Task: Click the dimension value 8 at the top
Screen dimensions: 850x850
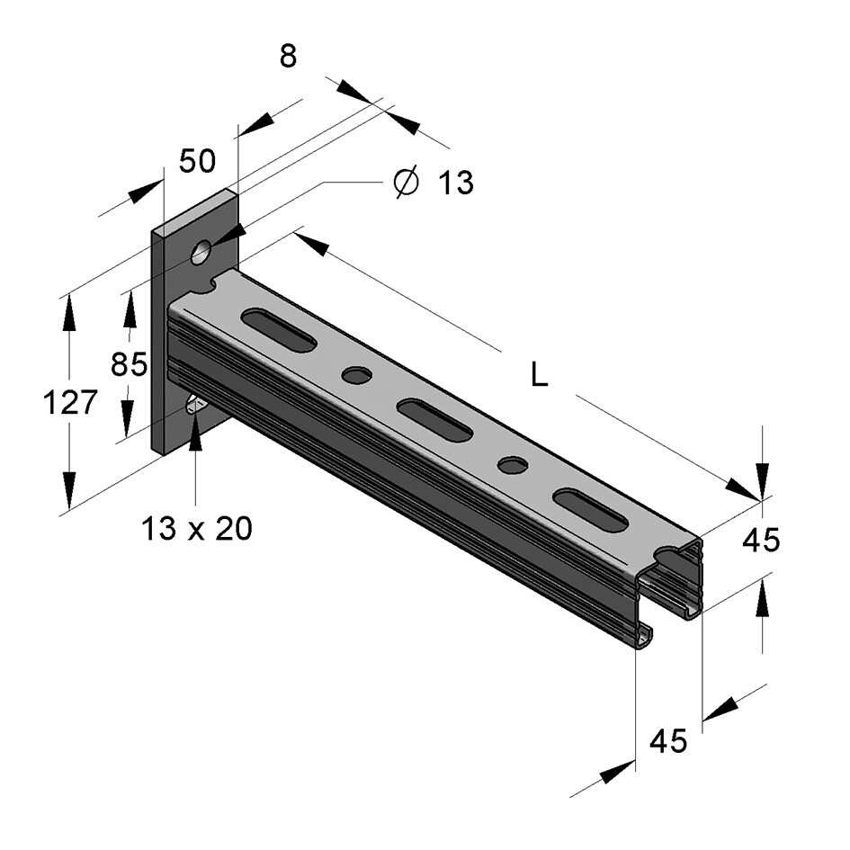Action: [287, 56]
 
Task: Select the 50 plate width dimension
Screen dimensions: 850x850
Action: [197, 161]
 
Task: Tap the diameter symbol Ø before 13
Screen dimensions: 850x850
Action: [406, 183]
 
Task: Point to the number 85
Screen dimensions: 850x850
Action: [129, 364]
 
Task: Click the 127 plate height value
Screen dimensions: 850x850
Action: [70, 403]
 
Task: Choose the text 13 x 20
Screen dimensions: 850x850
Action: [196, 529]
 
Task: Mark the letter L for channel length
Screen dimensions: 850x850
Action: [539, 374]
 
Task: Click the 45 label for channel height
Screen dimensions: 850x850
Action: [760, 541]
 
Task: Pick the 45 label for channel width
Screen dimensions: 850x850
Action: [668, 741]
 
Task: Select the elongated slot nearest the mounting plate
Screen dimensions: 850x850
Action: [278, 330]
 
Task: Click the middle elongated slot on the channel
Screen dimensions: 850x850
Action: [434, 420]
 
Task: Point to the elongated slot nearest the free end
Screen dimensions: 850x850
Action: [590, 509]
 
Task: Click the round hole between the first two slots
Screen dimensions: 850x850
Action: [357, 375]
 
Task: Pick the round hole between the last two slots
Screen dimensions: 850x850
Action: [513, 465]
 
